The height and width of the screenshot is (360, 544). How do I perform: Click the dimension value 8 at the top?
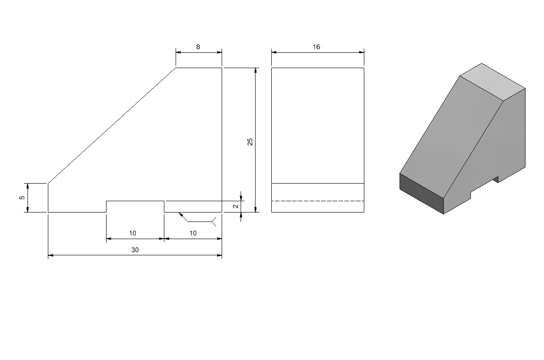(x=198, y=47)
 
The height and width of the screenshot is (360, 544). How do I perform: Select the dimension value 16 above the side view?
(x=316, y=47)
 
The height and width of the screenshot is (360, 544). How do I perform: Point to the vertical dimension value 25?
(x=250, y=142)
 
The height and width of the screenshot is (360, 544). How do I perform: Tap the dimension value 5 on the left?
(x=22, y=198)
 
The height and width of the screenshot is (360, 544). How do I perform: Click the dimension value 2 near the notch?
(x=236, y=206)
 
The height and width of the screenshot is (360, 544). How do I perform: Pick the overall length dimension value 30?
(x=135, y=250)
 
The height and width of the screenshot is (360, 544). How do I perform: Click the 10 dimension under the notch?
(x=132, y=233)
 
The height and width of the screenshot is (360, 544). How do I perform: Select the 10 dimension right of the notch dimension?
(x=193, y=233)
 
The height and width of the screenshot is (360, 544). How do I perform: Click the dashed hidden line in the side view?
(x=318, y=201)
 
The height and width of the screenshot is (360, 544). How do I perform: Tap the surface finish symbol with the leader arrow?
(x=197, y=219)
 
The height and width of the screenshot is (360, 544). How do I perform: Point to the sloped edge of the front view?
(x=112, y=125)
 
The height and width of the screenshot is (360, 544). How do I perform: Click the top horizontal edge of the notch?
(x=135, y=201)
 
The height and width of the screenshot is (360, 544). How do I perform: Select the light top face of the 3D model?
(x=493, y=82)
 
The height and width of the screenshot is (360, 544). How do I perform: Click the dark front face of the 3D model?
(x=422, y=194)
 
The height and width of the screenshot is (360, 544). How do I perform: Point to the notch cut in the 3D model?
(x=484, y=187)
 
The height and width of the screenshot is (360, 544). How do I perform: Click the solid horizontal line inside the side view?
(x=318, y=183)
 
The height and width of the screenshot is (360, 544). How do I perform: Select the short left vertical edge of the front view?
(x=48, y=198)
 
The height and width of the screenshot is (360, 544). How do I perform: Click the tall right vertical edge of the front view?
(x=222, y=140)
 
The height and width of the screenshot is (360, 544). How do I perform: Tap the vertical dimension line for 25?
(x=255, y=140)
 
